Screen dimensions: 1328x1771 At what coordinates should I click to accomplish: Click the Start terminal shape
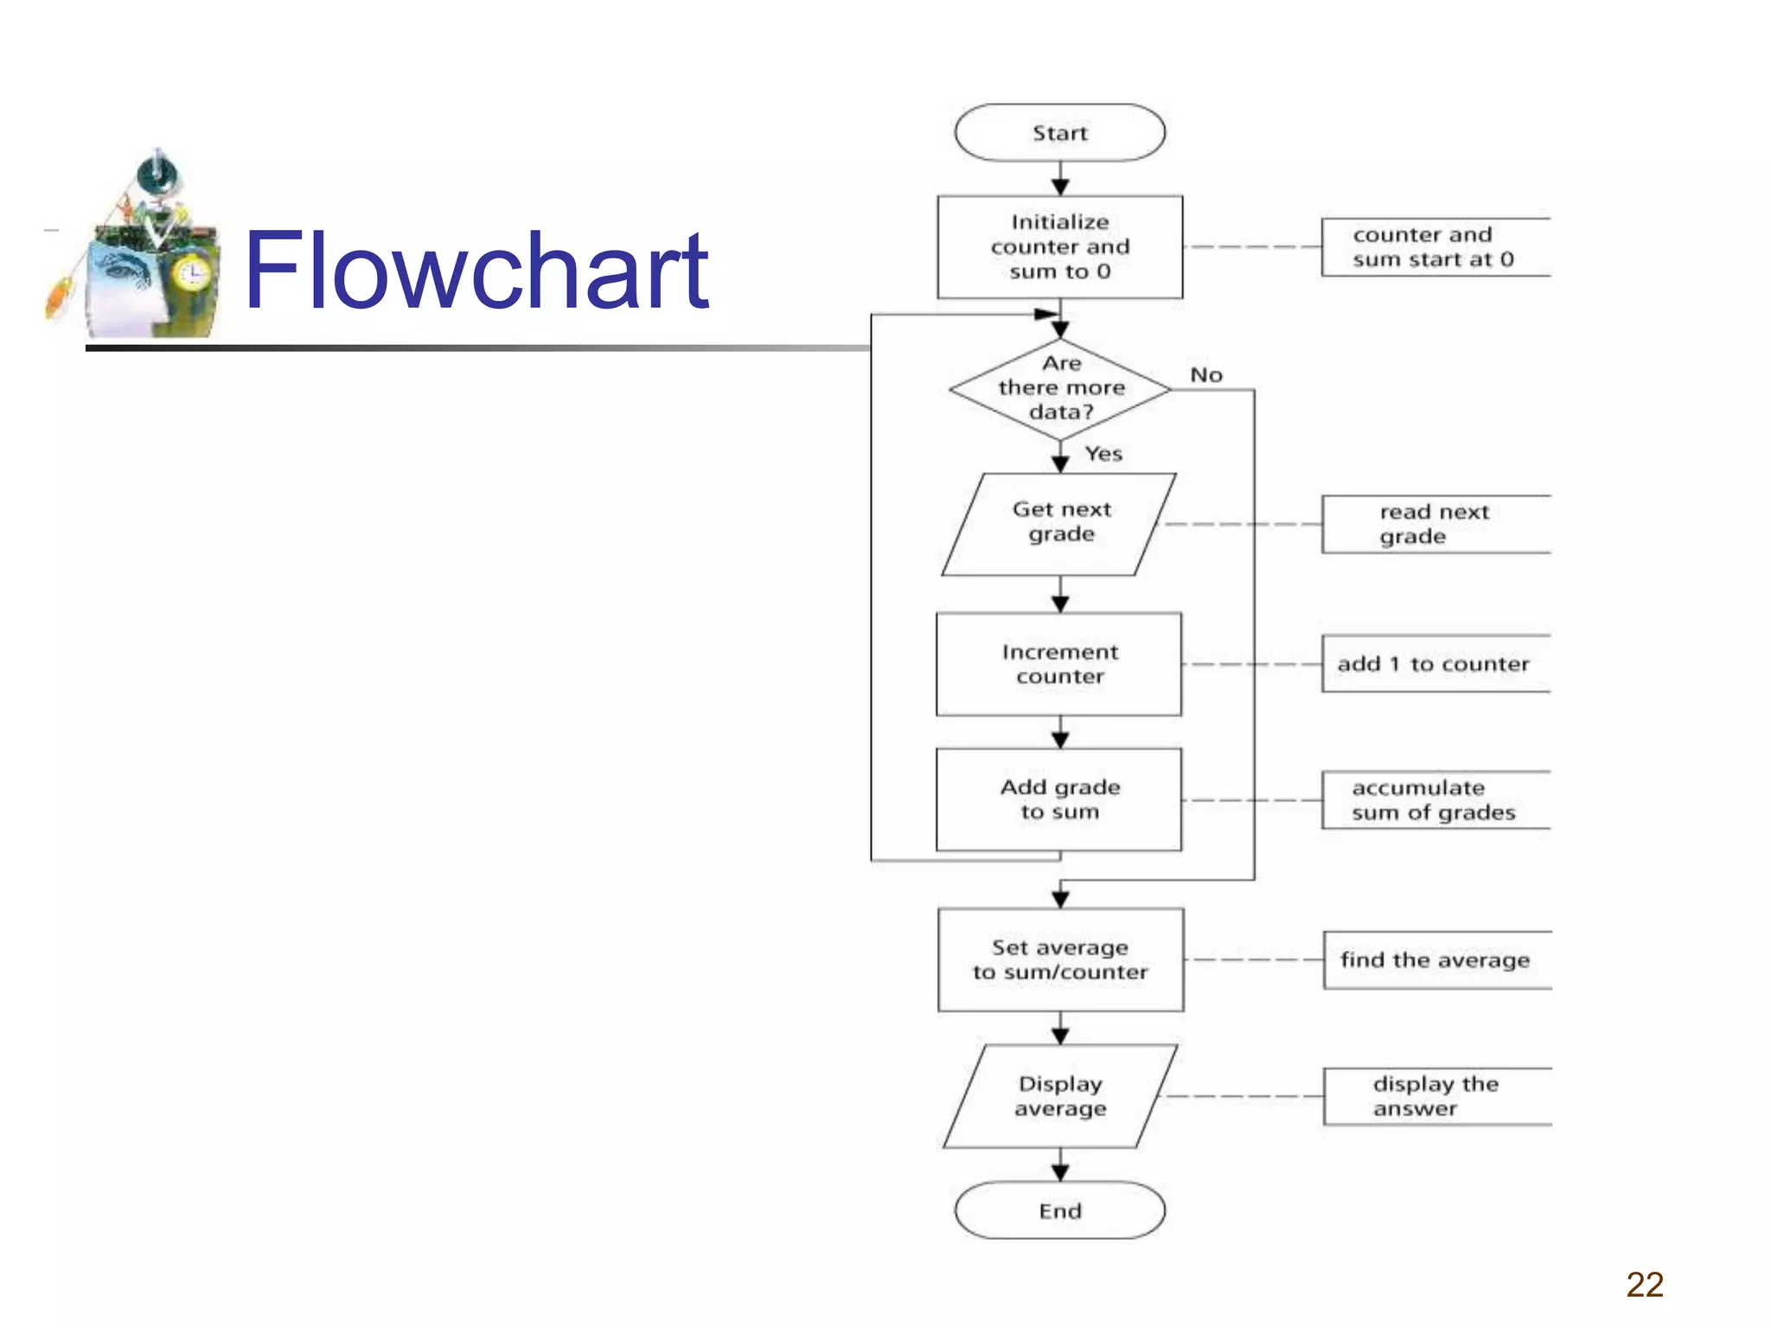(x=1059, y=133)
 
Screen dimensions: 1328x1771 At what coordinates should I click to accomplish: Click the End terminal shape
(x=1059, y=1210)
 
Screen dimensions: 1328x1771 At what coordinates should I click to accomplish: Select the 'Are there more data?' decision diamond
(x=1060, y=389)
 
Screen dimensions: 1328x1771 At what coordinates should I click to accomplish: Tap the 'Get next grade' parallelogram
(x=1060, y=524)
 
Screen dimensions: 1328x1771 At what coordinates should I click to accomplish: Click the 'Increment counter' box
(x=1059, y=664)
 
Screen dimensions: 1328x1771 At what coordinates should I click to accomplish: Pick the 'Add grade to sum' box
(x=1059, y=800)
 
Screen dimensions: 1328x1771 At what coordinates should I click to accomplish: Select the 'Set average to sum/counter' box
(x=1060, y=960)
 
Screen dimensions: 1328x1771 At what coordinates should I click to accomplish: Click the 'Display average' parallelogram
(x=1060, y=1096)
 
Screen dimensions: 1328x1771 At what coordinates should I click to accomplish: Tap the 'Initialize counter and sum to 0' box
(x=1060, y=247)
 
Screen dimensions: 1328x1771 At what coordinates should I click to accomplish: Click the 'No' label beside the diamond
(x=1206, y=375)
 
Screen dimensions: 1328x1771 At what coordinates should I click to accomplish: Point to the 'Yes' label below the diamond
(x=1103, y=454)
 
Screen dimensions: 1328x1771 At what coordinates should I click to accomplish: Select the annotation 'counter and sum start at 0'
(x=1433, y=247)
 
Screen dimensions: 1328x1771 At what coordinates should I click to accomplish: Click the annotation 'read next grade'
(x=1433, y=524)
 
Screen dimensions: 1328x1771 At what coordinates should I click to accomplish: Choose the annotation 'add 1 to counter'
(x=1433, y=664)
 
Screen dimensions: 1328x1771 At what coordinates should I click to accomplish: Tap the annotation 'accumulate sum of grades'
(x=1433, y=800)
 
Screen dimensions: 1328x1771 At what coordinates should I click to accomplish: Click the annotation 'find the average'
(x=1435, y=960)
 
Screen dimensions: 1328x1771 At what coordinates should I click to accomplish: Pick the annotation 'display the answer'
(x=1435, y=1096)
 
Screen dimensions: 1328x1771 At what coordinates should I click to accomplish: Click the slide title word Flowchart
(x=476, y=270)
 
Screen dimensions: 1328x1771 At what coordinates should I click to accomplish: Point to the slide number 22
(x=1645, y=1285)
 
